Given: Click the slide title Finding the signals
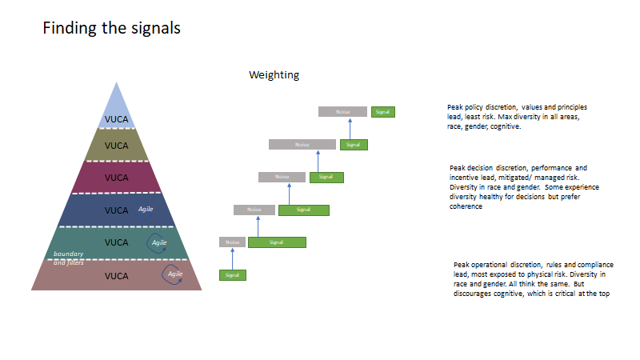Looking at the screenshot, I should coord(111,29).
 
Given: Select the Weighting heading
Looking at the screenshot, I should coord(274,75).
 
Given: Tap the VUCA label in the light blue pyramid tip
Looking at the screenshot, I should coord(117,120).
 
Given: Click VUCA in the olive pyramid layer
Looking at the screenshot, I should coord(117,146).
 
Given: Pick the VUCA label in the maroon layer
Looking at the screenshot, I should coord(117,178).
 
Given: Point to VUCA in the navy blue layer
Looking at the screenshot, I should coord(117,210).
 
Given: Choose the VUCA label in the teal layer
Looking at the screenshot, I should coord(117,242).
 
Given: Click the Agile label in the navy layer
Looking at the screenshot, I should coord(146,209).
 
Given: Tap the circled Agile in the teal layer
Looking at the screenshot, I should coord(158,242).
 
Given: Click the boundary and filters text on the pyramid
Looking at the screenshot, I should coord(68,258).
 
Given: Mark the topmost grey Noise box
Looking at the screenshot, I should coord(342,112).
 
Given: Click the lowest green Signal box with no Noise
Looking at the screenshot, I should coord(233,275).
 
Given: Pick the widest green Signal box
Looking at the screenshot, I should coord(277,242).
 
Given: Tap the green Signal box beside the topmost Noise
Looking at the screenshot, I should coord(382,112).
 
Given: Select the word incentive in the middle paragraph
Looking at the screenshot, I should coord(465,177).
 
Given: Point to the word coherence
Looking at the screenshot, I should coord(466,206).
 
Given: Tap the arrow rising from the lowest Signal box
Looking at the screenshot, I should coord(233,258).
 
